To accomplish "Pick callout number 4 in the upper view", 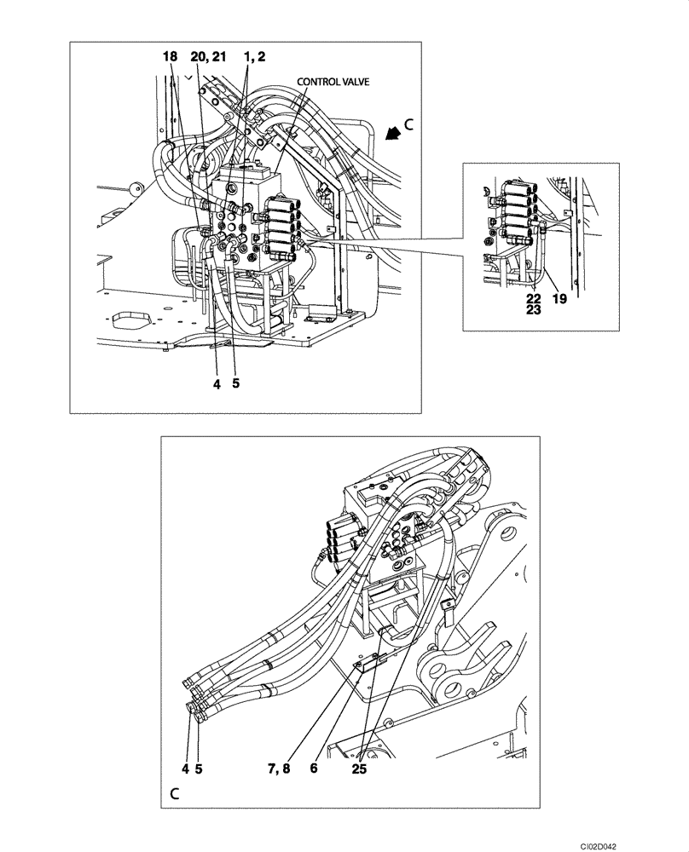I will [x=217, y=384].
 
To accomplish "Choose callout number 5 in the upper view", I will [x=235, y=384].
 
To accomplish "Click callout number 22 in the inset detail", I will [x=533, y=298].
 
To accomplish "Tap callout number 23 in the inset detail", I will [x=533, y=311].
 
